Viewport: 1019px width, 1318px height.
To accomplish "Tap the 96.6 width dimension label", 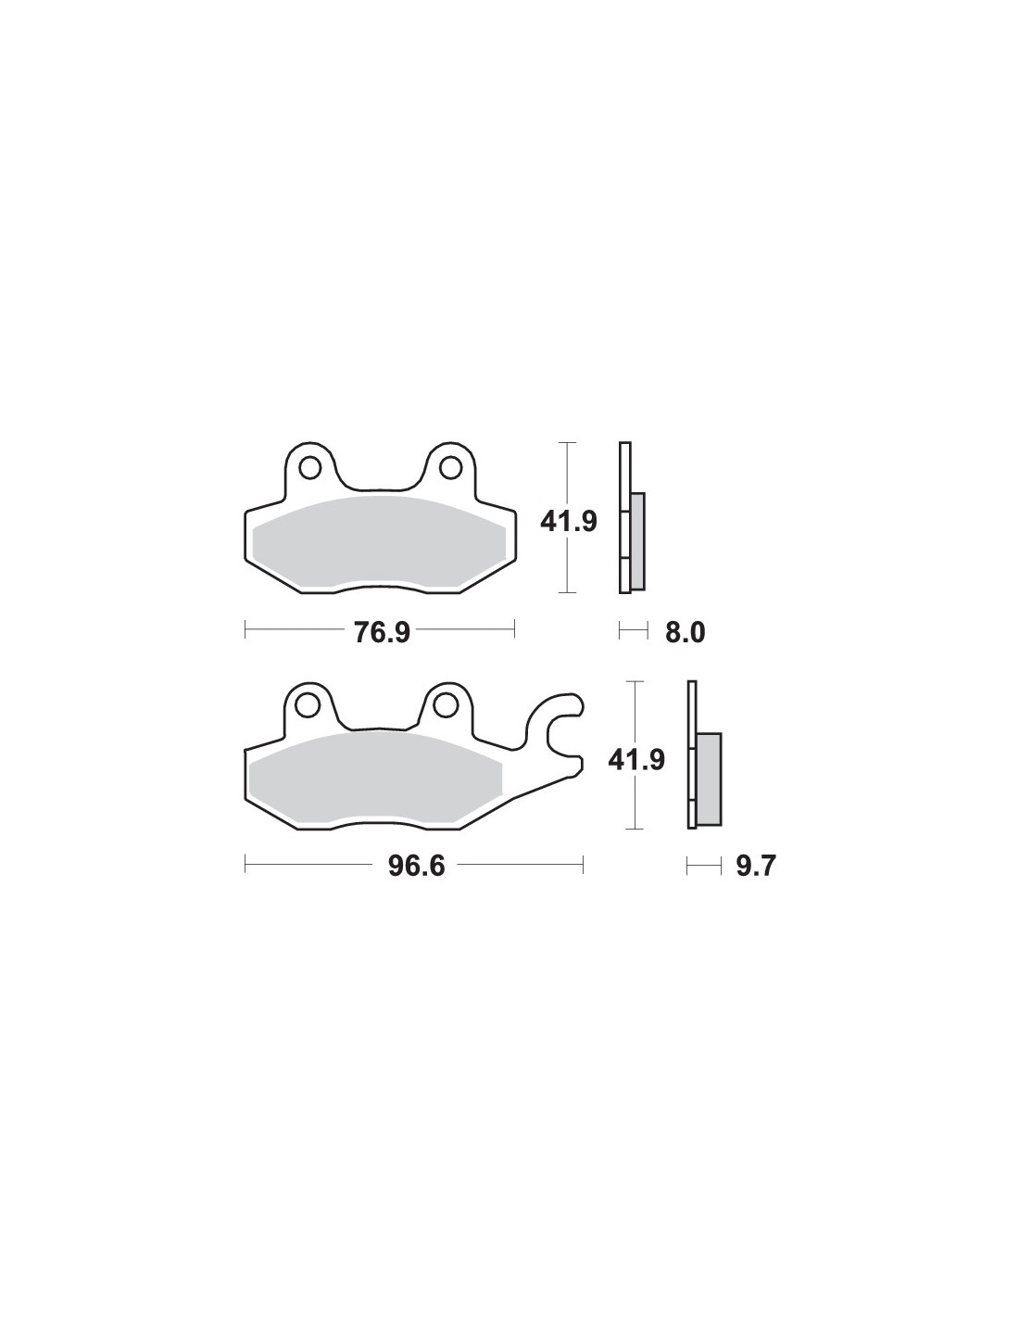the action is click(417, 866).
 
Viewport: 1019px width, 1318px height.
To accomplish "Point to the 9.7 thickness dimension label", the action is click(755, 866).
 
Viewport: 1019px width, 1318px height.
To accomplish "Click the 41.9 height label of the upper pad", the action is click(569, 521).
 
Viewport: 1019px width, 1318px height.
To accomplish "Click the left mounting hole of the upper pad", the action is click(310, 469).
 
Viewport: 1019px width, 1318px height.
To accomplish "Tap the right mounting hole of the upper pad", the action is click(450, 468).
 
